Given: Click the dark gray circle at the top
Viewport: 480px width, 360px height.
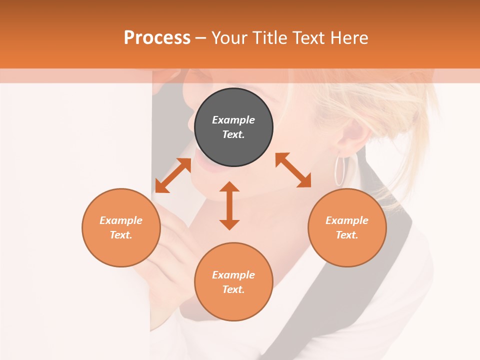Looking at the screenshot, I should (x=233, y=127).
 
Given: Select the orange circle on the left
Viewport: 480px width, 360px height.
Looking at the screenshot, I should (x=121, y=227).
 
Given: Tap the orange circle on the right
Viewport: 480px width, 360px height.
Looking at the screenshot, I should (x=347, y=227).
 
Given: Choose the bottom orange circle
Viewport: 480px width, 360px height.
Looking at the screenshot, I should (x=233, y=282).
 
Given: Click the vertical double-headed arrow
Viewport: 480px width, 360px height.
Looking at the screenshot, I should (x=229, y=205).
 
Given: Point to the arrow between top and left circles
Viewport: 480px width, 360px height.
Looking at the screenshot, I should (x=173, y=175).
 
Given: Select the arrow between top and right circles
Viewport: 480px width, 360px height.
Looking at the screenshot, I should (x=293, y=170).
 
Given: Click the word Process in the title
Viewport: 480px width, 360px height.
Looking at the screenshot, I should (x=157, y=38).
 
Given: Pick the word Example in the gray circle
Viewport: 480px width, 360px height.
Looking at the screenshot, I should (x=233, y=120).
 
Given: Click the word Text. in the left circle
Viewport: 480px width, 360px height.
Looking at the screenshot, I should (x=121, y=235).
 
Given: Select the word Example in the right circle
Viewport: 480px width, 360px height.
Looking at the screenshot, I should (x=347, y=220).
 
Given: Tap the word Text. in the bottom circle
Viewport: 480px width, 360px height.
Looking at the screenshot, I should (x=233, y=289).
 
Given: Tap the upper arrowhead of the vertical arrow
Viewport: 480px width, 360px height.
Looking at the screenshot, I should (x=229, y=187).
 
